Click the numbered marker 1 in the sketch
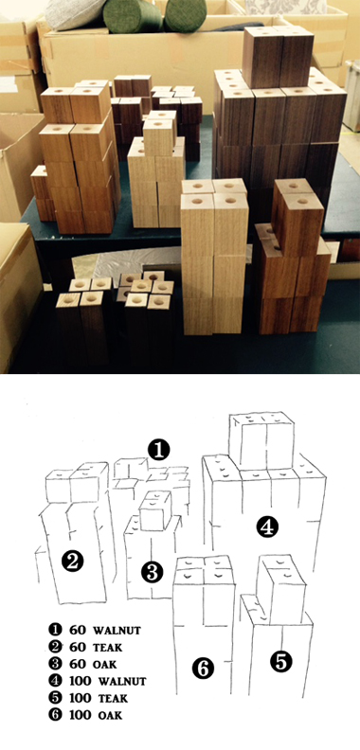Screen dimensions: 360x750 click(x=159, y=450)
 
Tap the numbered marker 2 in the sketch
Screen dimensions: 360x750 click(x=72, y=561)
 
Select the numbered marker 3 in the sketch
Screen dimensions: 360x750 click(x=153, y=572)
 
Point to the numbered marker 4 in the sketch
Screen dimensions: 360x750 click(x=267, y=527)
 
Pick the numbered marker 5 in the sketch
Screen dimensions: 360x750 click(x=281, y=662)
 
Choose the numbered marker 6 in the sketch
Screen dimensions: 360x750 click(x=203, y=668)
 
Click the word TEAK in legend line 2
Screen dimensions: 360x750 click(x=107, y=648)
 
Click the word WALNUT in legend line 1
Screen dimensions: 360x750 click(x=117, y=630)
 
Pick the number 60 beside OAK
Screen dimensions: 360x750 click(x=78, y=665)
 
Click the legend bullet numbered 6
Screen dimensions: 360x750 click(x=55, y=716)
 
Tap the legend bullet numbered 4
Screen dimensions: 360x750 click(x=55, y=681)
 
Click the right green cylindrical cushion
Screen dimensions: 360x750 click(x=186, y=15)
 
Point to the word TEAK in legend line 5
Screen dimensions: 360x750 click(x=113, y=699)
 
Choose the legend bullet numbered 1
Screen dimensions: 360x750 click(x=55, y=630)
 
